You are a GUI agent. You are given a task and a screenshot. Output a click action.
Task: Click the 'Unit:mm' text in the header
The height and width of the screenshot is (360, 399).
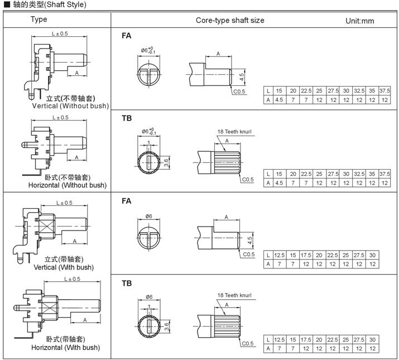[360, 21]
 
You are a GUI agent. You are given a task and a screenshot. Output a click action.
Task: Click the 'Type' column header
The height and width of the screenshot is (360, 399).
[39, 20]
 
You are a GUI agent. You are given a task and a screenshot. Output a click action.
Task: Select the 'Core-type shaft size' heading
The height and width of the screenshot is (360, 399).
[230, 20]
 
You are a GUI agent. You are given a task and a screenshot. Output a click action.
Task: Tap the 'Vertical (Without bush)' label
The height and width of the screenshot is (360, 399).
[70, 105]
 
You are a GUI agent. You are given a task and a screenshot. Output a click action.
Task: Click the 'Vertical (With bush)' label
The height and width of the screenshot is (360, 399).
[65, 267]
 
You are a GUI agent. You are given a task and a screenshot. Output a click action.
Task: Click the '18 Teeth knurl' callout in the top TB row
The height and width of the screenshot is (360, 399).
[234, 132]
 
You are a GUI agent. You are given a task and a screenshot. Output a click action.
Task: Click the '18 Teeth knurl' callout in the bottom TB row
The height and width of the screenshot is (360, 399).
[234, 295]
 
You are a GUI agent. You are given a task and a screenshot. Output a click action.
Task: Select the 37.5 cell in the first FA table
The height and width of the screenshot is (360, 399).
[384, 90]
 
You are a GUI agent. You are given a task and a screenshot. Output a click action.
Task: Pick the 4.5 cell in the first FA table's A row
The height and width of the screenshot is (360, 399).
[279, 99]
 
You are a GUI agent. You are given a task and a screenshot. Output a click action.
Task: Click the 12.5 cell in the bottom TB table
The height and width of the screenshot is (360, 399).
[280, 339]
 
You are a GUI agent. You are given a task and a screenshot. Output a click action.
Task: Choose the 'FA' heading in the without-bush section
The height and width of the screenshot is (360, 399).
[127, 36]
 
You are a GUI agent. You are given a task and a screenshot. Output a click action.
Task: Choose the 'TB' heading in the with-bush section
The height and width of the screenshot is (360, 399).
[127, 283]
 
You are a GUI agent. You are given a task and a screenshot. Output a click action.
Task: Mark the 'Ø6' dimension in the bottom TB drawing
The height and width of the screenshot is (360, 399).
[149, 297]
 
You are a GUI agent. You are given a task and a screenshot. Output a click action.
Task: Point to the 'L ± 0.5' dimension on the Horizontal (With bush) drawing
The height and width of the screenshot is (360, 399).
[72, 279]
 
